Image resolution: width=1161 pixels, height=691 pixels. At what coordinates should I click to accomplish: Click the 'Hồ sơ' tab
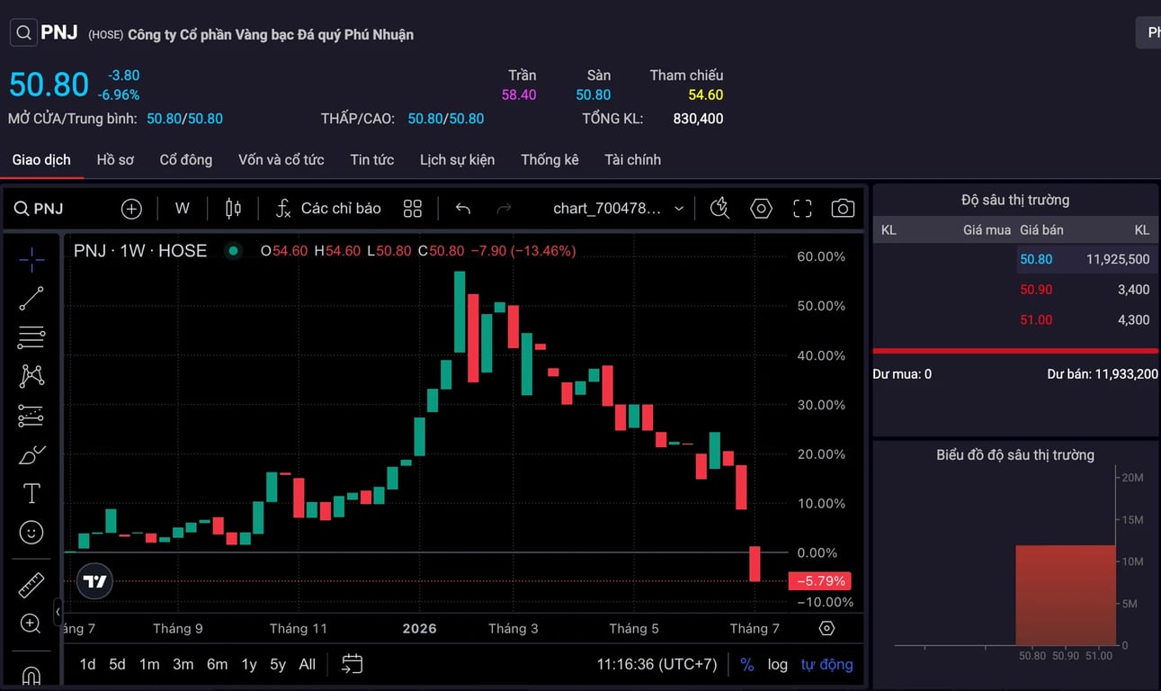(115, 159)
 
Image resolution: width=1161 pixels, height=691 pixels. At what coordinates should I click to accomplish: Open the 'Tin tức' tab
(371, 159)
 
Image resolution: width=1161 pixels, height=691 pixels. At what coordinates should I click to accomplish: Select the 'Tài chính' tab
(632, 159)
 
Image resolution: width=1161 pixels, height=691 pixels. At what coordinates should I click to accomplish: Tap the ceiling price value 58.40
(519, 94)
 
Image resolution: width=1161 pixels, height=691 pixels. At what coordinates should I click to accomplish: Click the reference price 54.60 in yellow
(705, 94)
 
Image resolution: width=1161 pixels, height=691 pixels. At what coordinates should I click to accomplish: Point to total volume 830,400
(698, 119)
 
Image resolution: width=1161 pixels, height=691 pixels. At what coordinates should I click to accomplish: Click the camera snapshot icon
(843, 209)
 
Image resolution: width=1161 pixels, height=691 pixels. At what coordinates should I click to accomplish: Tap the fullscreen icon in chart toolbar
(802, 209)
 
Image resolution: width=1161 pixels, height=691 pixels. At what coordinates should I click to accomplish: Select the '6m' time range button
(217, 664)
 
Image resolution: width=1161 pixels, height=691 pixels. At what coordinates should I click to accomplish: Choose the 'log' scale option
(778, 665)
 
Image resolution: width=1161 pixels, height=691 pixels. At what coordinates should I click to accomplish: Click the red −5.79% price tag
(820, 580)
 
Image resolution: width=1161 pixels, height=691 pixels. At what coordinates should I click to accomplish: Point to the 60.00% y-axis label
(821, 256)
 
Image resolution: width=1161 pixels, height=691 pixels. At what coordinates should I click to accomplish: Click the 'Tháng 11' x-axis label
(298, 628)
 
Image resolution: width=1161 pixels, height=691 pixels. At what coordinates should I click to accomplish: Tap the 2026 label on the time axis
(419, 628)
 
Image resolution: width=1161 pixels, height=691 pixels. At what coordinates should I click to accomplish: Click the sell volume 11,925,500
(1118, 259)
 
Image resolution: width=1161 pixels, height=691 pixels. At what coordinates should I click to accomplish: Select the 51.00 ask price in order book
(1036, 319)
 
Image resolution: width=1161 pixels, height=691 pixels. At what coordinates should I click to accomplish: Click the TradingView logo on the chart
(94, 581)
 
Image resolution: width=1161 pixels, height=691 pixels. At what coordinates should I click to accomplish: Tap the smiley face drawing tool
(31, 533)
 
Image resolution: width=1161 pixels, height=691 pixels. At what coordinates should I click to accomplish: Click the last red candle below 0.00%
(755, 564)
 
